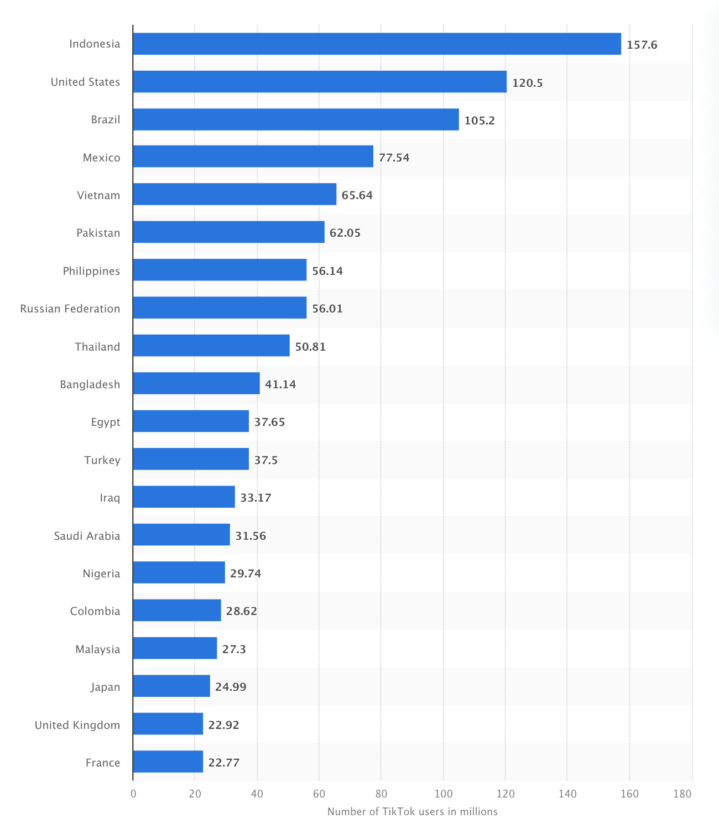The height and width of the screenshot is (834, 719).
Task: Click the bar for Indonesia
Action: point(377,44)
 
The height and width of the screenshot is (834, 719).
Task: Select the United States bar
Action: point(320,82)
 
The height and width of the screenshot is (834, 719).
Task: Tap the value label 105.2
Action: point(480,120)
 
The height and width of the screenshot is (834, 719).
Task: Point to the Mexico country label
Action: point(101,158)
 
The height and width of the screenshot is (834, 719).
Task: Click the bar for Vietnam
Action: point(235,194)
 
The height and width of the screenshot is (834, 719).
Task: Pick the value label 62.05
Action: point(345,233)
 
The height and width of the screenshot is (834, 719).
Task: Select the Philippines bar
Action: point(220,270)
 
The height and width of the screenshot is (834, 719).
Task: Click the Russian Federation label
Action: point(70,309)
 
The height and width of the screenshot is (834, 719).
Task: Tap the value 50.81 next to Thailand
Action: point(310,347)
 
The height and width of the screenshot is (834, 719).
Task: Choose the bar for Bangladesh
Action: point(196,383)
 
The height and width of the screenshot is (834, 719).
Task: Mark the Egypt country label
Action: point(106,423)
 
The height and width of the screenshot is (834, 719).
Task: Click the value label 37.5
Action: point(266,460)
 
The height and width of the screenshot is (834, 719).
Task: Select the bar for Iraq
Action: point(184,497)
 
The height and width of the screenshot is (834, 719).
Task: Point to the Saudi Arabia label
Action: point(87,536)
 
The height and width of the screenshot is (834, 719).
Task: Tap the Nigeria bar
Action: point(179,572)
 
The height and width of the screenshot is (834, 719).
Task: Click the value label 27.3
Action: point(234,649)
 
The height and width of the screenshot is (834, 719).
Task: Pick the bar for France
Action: point(168,762)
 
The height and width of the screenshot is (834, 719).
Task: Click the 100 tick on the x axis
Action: point(443,794)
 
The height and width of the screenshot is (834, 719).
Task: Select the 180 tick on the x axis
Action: point(682,794)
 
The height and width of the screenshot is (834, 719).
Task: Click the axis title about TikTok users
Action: point(412,812)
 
